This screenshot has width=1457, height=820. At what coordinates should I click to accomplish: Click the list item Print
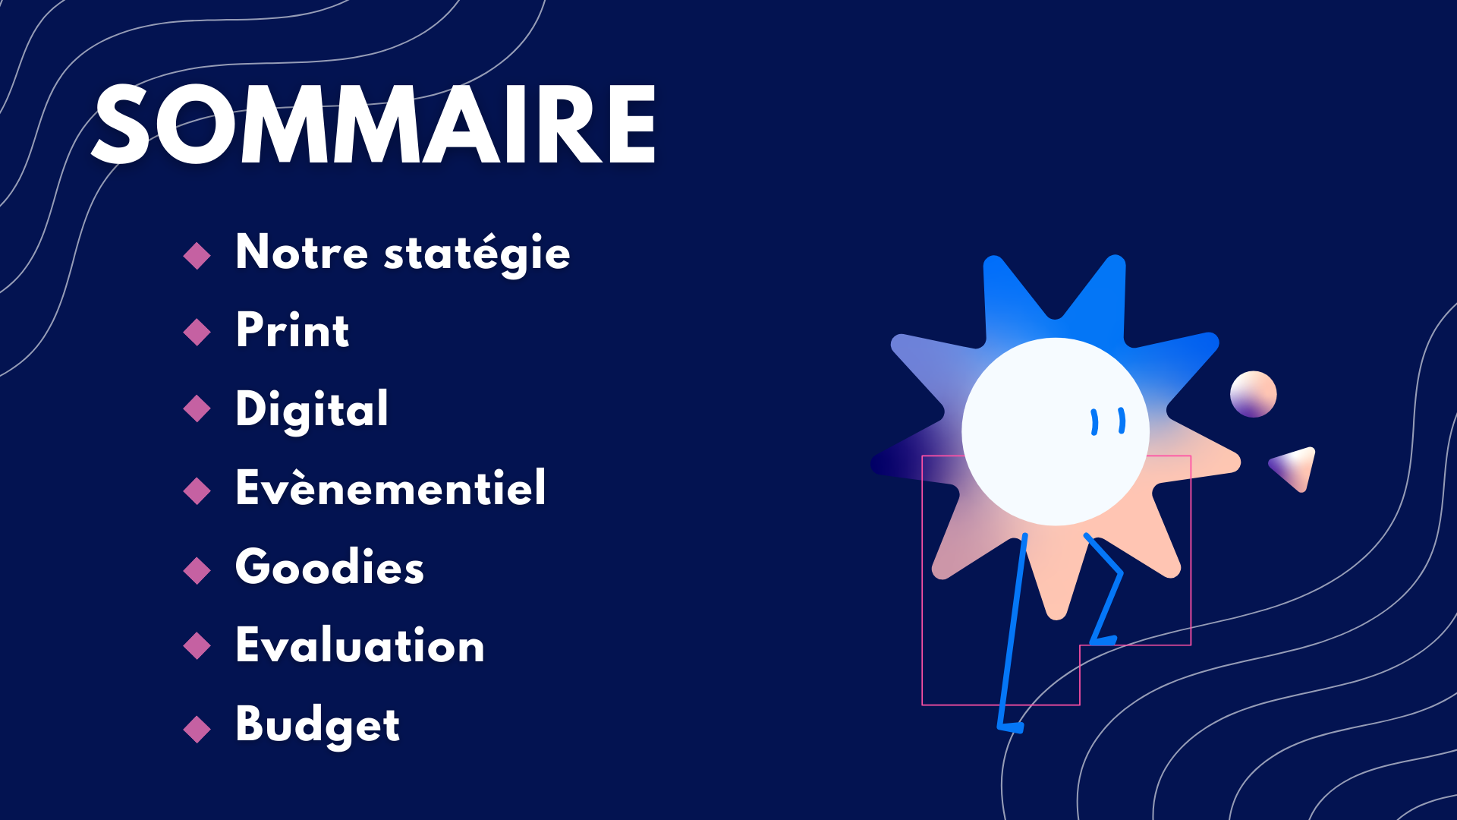[292, 330]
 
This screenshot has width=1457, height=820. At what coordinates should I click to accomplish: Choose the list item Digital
[312, 410]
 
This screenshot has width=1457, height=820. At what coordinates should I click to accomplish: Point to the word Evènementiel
[391, 487]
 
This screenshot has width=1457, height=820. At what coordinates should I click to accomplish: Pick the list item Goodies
[329, 566]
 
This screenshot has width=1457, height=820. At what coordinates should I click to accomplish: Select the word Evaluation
[360, 645]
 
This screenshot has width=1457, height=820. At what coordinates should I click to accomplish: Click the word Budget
[317, 725]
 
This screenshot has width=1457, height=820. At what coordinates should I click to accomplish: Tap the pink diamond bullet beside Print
[197, 332]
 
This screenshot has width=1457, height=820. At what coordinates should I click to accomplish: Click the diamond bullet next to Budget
[197, 729]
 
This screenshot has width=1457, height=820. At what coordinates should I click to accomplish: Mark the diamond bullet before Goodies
[197, 570]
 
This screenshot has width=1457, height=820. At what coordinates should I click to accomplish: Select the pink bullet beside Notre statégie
[197, 256]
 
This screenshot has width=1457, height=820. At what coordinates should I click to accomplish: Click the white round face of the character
[1056, 431]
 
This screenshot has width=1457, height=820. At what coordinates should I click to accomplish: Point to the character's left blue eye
[1094, 422]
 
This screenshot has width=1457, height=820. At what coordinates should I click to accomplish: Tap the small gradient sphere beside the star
[1254, 394]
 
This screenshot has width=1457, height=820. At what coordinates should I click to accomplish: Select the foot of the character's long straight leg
[1012, 727]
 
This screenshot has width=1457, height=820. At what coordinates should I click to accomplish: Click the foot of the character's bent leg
[1103, 640]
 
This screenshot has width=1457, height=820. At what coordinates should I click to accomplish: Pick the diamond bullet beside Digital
[197, 408]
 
